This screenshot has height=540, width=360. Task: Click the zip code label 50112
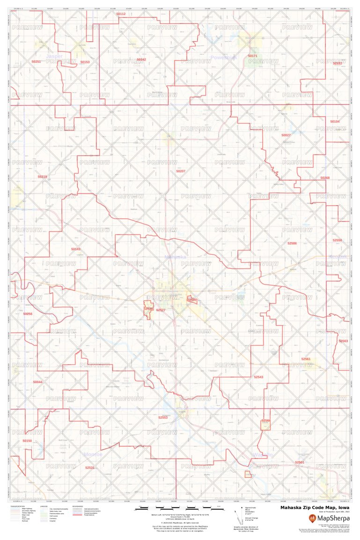[x=121, y=15]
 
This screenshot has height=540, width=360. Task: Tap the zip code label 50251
[x=36, y=62]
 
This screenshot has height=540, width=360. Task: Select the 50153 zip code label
[x=85, y=62]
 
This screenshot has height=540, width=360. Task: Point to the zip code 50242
[x=141, y=60]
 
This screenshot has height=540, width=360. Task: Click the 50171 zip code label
[x=253, y=56]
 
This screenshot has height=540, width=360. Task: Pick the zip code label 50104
[x=335, y=121]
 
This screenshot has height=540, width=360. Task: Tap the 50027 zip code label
[x=286, y=135]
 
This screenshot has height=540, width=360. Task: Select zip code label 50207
[x=181, y=171]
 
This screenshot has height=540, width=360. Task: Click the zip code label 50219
[x=42, y=177]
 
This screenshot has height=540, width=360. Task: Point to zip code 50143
[x=76, y=249]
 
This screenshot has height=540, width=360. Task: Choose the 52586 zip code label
[x=292, y=244]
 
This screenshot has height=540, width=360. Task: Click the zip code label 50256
[x=28, y=314]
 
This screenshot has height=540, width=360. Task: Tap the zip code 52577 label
[x=161, y=310]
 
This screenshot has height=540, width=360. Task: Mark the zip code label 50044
[x=37, y=382]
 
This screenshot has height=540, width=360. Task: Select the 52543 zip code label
[x=258, y=377]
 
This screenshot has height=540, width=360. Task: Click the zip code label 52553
[x=163, y=417]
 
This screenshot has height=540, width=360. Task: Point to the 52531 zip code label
[x=90, y=467]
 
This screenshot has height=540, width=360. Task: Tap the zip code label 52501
[x=300, y=462]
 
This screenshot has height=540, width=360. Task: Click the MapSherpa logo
[x=328, y=518]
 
